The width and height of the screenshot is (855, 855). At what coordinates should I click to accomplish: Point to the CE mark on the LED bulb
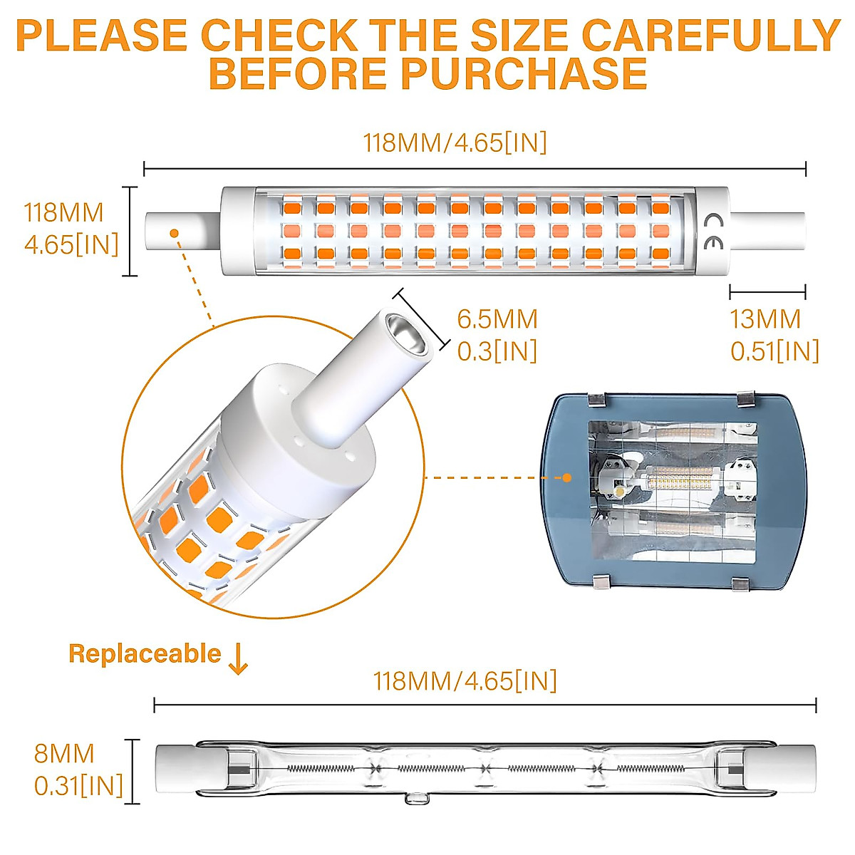(x=712, y=231)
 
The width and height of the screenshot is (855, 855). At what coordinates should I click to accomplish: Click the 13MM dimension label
(x=765, y=318)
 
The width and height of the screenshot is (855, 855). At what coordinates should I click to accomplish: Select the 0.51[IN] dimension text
(x=774, y=351)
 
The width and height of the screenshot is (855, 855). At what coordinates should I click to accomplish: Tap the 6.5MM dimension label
(x=497, y=318)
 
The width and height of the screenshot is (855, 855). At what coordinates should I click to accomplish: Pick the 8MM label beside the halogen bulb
(x=64, y=753)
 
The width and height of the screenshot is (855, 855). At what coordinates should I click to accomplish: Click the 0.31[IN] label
(x=78, y=786)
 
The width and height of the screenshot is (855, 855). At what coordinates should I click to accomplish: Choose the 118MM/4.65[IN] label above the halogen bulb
(x=465, y=680)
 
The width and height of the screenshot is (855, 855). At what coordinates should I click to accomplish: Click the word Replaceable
(x=145, y=653)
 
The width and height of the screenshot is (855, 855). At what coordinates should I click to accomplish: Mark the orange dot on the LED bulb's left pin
(x=173, y=232)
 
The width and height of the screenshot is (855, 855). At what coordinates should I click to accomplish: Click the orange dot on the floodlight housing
(x=567, y=477)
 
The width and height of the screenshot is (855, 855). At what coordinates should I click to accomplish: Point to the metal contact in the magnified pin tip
(x=405, y=332)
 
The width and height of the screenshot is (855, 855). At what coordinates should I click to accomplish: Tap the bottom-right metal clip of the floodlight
(x=741, y=583)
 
